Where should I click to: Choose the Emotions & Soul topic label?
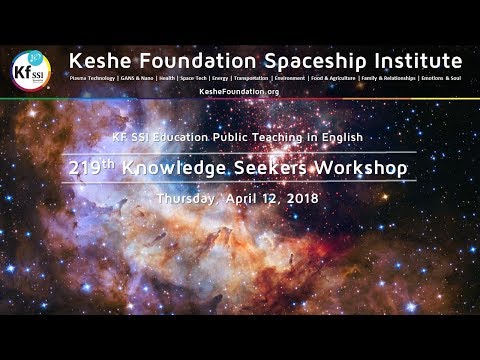[x=441, y=76]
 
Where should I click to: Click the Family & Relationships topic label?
[x=393, y=76]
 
